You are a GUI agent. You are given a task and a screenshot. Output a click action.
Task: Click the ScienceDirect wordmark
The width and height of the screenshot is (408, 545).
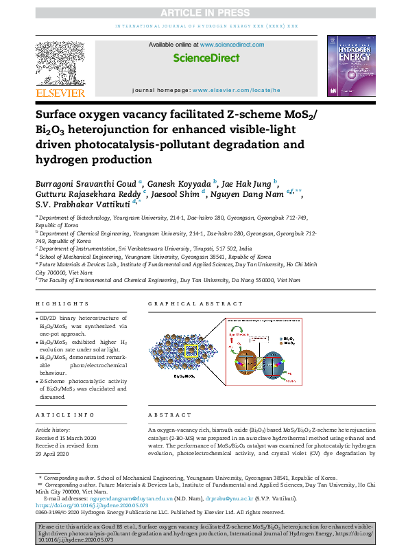(x=206, y=58)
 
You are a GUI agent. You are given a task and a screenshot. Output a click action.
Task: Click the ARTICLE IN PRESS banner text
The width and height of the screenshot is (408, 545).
(x=204, y=12)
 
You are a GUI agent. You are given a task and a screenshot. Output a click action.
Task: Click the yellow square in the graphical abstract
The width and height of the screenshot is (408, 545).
(x=191, y=350)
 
